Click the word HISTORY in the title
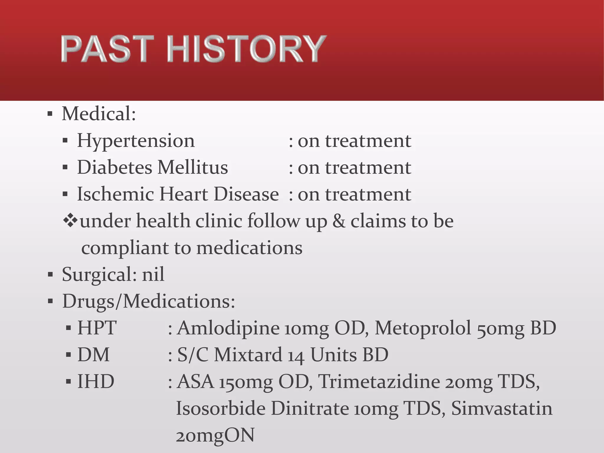pyautogui.click(x=246, y=49)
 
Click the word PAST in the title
pyautogui.click(x=107, y=49)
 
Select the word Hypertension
pyautogui.click(x=136, y=141)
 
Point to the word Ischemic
pyautogui.click(x=116, y=194)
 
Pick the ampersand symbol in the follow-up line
pyautogui.click(x=339, y=221)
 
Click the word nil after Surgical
pyautogui.click(x=153, y=275)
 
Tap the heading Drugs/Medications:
pyautogui.click(x=149, y=301)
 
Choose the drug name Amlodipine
pyautogui.click(x=228, y=328)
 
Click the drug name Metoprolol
pyautogui.click(x=423, y=328)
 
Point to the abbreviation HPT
pyautogui.click(x=97, y=328)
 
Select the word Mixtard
pyautogui.click(x=248, y=355)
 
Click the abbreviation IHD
pyautogui.click(x=96, y=382)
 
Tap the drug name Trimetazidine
pyautogui.click(x=379, y=382)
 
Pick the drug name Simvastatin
pyautogui.click(x=502, y=409)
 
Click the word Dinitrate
pyautogui.click(x=309, y=409)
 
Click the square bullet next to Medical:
pyautogui.click(x=50, y=114)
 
